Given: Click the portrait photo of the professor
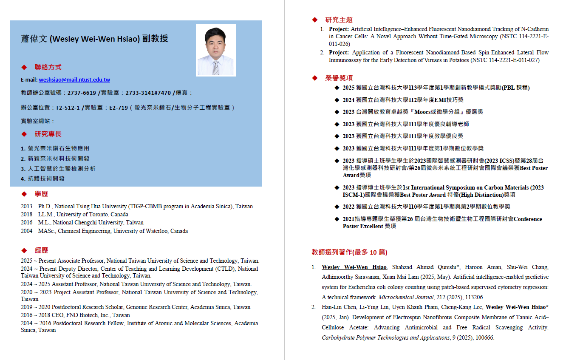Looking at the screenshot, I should pyautogui.click(x=216, y=50).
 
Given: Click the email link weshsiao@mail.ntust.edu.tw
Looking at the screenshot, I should pyautogui.click(x=74, y=80).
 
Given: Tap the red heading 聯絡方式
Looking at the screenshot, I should pyautogui.click(x=48, y=67).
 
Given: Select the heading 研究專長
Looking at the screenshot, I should pyautogui.click(x=48, y=134).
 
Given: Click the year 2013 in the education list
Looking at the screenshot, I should pyautogui.click(x=26, y=207).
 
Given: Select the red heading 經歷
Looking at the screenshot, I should pyautogui.click(x=41, y=250).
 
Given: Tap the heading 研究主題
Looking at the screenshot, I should pyautogui.click(x=339, y=20).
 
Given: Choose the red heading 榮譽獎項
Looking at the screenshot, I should pyautogui.click(x=339, y=78).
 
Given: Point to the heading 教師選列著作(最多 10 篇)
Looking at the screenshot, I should pyautogui.click(x=349, y=252).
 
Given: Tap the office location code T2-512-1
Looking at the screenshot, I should pyautogui.click(x=68, y=108).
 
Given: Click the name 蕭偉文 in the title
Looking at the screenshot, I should pyautogui.click(x=34, y=39).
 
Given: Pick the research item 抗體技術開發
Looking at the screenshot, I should pyautogui.click(x=46, y=179).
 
